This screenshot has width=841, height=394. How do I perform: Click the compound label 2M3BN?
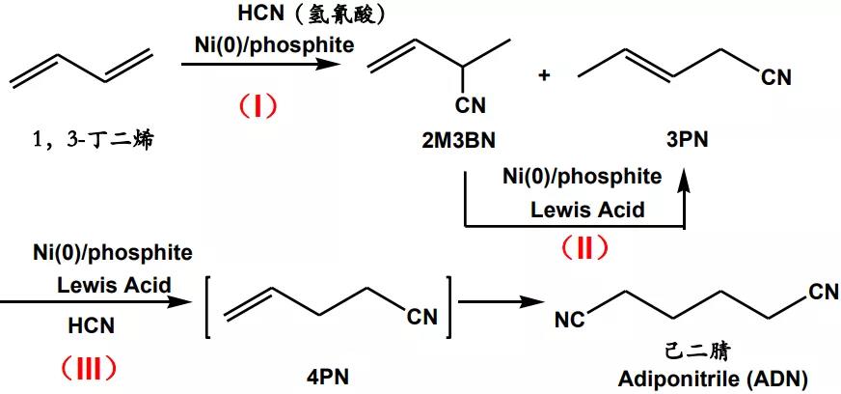[458, 141]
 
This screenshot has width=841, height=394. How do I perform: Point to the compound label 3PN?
[687, 141]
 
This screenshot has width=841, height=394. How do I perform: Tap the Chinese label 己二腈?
[717, 351]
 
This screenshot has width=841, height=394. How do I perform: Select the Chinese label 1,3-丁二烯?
[94, 141]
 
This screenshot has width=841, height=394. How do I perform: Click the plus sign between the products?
[544, 75]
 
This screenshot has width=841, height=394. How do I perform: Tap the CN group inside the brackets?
[422, 316]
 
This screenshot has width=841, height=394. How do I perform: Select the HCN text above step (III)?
[92, 327]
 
